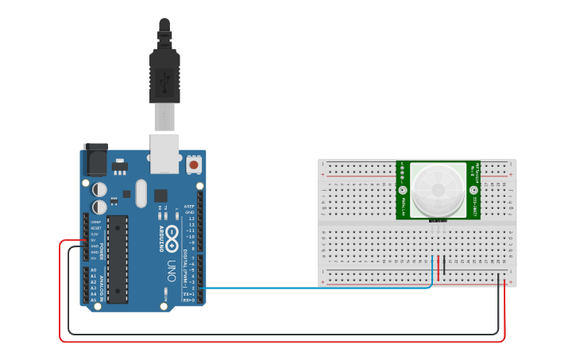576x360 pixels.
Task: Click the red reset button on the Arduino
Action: [x=194, y=165]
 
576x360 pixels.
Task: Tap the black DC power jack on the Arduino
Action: [x=95, y=161]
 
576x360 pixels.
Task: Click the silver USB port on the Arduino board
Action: [x=165, y=153]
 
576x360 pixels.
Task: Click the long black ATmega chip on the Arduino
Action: [x=117, y=259]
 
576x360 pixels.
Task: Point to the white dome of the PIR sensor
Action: [x=438, y=189]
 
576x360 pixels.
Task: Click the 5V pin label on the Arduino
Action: [x=95, y=240]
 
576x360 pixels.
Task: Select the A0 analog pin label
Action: [x=94, y=270]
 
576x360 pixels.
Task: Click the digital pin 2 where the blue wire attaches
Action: [x=199, y=288]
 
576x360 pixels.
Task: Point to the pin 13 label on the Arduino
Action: [x=191, y=219]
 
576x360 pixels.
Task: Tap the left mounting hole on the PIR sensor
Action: [x=403, y=191]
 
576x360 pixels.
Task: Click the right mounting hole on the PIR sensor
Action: [x=474, y=191]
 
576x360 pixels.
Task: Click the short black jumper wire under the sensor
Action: [x=444, y=267]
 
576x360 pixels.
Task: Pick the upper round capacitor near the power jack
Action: [x=99, y=189]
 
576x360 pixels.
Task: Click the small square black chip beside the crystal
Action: [x=161, y=195]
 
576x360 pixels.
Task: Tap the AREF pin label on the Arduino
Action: [x=189, y=207]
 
